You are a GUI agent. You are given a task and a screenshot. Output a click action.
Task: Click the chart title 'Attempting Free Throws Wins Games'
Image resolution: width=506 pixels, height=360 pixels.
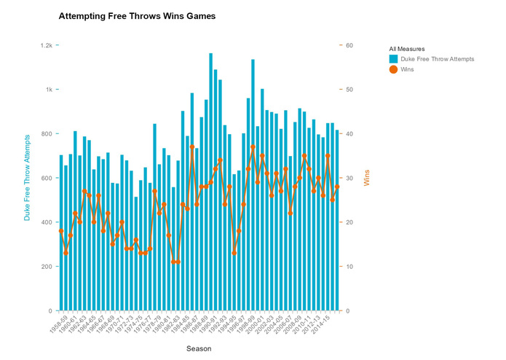(x=137, y=16)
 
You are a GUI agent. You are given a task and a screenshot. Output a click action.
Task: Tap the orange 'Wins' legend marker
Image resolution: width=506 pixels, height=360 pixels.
(x=393, y=69)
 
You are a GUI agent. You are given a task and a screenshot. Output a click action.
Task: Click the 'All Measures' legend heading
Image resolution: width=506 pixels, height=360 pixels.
(x=406, y=50)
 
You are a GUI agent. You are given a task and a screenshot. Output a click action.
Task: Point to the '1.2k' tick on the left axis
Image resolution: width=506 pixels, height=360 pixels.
(x=46, y=45)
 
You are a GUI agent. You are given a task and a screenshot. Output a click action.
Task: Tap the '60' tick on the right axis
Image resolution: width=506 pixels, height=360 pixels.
(x=349, y=45)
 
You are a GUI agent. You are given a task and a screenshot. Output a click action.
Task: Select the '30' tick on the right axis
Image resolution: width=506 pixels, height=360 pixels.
(x=349, y=179)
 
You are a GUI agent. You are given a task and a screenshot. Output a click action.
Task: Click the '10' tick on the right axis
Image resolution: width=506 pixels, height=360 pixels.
(x=349, y=267)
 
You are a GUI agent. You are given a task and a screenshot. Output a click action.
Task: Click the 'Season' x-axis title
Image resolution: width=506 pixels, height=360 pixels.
(x=199, y=348)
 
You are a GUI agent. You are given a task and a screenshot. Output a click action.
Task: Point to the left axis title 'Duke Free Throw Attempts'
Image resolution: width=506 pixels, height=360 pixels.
(x=28, y=178)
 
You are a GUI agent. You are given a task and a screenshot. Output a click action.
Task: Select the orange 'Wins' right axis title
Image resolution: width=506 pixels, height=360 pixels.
(x=367, y=178)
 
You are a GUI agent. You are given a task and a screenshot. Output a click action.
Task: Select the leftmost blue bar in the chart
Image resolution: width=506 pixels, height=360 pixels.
(x=61, y=233)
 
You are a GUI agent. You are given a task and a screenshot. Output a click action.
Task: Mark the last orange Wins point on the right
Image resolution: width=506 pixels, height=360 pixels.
(x=337, y=187)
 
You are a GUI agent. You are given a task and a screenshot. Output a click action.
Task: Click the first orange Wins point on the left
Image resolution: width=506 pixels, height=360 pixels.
(x=61, y=231)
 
